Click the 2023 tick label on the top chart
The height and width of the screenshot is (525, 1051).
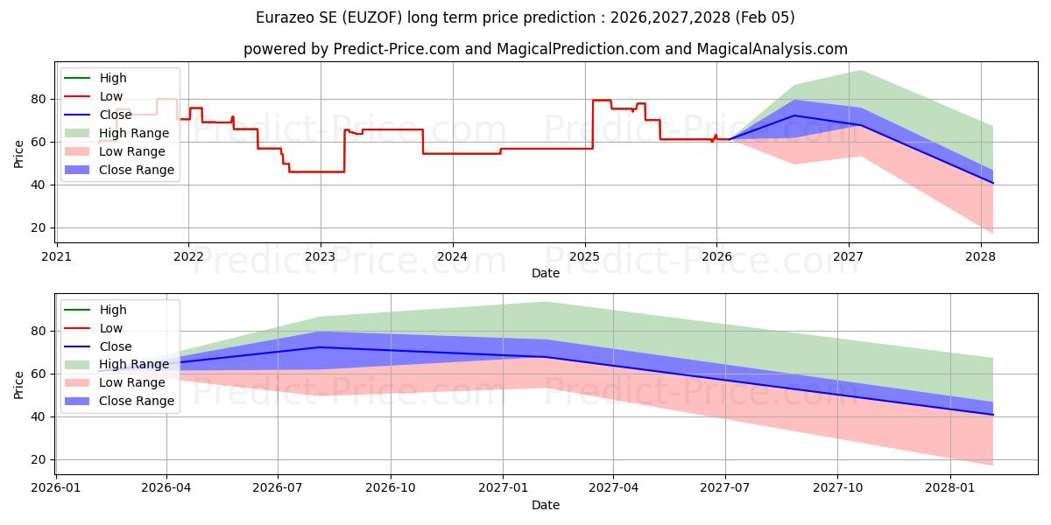(321, 256)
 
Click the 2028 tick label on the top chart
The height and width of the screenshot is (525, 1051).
(980, 256)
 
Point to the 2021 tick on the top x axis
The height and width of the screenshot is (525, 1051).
(57, 256)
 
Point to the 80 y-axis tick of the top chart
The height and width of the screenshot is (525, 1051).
(39, 99)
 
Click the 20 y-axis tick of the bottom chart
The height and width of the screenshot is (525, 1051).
(39, 459)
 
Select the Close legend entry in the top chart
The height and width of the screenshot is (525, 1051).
(116, 115)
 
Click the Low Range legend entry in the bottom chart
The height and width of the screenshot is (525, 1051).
(132, 382)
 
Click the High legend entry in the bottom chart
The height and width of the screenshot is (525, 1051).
(113, 310)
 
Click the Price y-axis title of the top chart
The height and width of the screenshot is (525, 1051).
(19, 154)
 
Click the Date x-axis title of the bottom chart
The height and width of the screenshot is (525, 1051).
(545, 505)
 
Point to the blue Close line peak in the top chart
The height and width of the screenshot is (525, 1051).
(794, 115)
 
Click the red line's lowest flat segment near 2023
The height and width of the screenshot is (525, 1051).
(315, 171)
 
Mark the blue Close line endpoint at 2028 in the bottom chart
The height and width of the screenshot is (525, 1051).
(993, 415)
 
